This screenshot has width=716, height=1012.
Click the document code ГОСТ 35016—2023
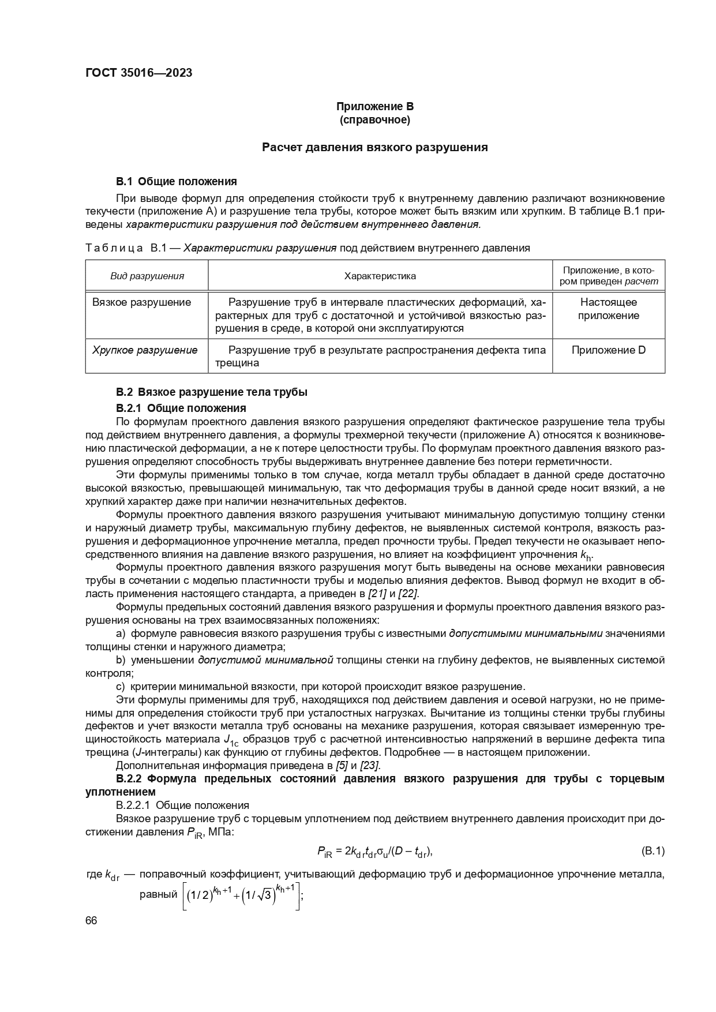tap(138, 73)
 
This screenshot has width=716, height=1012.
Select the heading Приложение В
tap(375, 107)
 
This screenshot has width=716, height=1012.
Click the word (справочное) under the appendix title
tap(375, 120)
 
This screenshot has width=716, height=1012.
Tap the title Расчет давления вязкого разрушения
tap(375, 147)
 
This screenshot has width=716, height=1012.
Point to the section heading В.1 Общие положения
tap(177, 182)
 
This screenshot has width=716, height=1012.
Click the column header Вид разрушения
tap(147, 276)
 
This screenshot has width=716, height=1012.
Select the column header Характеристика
tap(380, 276)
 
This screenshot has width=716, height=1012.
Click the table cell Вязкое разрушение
tap(142, 302)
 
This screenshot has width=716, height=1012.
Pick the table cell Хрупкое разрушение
tap(145, 350)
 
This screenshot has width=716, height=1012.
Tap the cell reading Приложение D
tap(608, 350)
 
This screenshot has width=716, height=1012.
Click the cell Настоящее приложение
tap(608, 309)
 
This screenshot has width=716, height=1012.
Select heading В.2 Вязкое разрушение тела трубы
tap(211, 392)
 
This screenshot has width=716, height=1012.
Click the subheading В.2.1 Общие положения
tap(181, 408)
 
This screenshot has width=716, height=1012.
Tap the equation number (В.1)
tap(653, 850)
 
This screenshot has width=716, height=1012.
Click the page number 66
tap(91, 921)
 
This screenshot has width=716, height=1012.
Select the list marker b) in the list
tap(121, 659)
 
